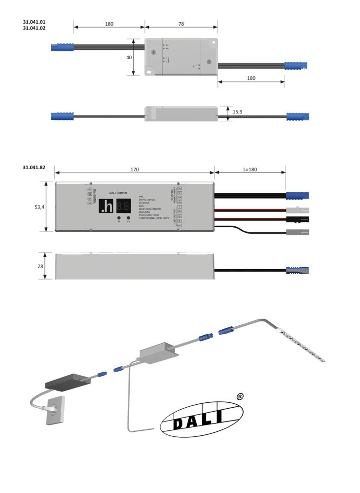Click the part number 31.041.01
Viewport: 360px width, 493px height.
pos(34,22)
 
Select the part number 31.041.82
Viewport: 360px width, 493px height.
pos(34,168)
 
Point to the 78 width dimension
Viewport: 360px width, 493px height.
pos(181,24)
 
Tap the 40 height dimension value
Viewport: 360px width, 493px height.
pos(129,57)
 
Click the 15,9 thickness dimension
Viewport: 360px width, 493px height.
pos(237,112)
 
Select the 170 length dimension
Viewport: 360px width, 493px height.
pos(135,170)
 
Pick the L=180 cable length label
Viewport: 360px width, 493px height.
pos(250,170)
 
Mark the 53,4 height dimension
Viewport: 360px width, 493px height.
pos(40,208)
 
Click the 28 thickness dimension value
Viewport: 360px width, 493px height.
pos(40,266)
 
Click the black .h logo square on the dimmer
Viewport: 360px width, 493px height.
pos(107,206)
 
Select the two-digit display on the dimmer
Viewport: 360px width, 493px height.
pos(124,206)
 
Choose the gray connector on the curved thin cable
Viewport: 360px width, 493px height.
pos(298,232)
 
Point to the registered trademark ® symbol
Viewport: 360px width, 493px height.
pos(240,396)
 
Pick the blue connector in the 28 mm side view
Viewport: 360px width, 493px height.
pos(298,270)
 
